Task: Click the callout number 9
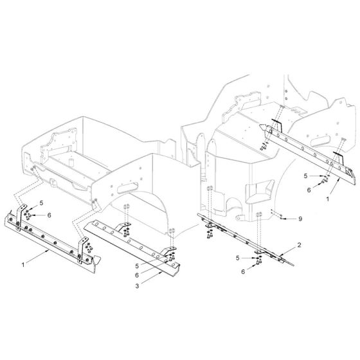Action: click(x=299, y=219)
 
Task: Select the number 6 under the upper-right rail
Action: click(x=309, y=190)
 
